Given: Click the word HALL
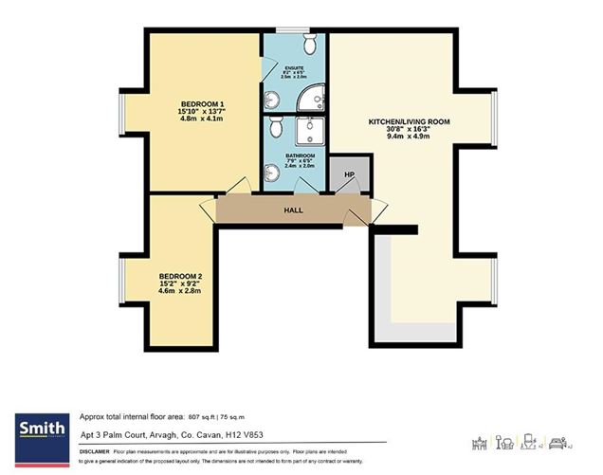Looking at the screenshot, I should point(293,210).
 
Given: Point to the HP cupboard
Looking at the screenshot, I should point(350,174).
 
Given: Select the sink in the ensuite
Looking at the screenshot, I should point(271,98).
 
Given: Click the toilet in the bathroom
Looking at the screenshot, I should point(275,126).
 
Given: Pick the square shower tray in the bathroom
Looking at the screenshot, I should point(310,130).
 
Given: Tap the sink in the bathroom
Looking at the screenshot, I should point(272,172).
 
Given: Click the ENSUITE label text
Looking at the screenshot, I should point(294,67).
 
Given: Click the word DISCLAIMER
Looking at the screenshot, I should point(95,453).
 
